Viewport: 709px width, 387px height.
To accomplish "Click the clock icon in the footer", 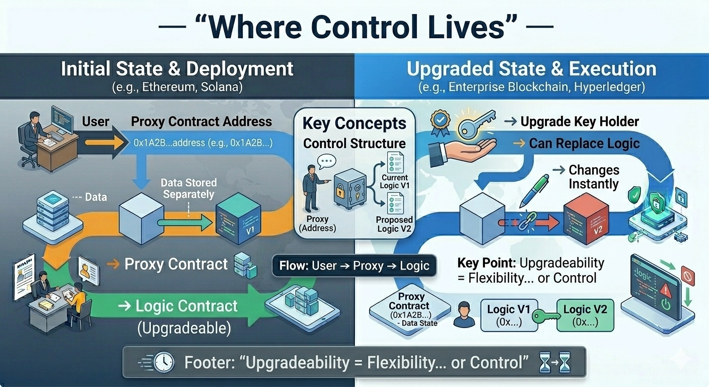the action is tap(164, 362).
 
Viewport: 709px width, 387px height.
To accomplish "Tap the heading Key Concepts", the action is tap(354, 123).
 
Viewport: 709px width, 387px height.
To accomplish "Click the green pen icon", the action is tap(533, 189).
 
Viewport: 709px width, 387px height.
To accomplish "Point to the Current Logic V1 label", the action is tap(395, 181).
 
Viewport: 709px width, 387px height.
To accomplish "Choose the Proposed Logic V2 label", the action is tap(394, 224).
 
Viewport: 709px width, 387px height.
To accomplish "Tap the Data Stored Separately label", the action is tap(188, 188).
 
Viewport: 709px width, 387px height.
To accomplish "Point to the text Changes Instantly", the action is tap(593, 177).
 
